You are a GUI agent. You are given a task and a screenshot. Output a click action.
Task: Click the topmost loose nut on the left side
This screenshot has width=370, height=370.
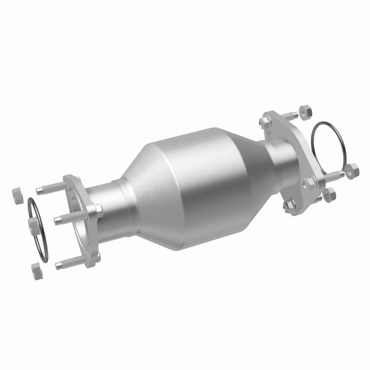click(17, 194)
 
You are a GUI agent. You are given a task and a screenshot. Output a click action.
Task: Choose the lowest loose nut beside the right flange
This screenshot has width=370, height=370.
click(329, 194)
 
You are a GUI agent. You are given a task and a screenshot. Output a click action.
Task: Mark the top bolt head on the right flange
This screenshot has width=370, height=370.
click(265, 122)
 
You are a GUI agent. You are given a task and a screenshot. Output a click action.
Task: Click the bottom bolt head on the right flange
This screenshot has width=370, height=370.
click(290, 204)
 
